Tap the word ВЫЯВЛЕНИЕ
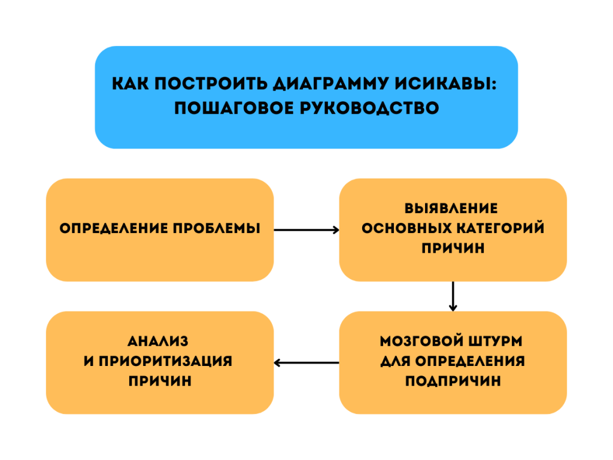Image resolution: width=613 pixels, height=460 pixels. click(x=453, y=208)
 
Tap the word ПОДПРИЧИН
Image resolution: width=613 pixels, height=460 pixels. click(x=453, y=382)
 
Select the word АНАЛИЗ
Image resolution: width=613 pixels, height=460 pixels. click(x=159, y=341)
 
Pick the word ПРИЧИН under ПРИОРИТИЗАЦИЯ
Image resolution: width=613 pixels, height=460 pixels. click(x=160, y=382)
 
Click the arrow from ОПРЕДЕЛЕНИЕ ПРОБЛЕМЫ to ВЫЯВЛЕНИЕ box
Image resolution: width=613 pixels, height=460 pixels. click(x=306, y=229)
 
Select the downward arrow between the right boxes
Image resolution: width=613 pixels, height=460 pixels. click(x=453, y=296)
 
